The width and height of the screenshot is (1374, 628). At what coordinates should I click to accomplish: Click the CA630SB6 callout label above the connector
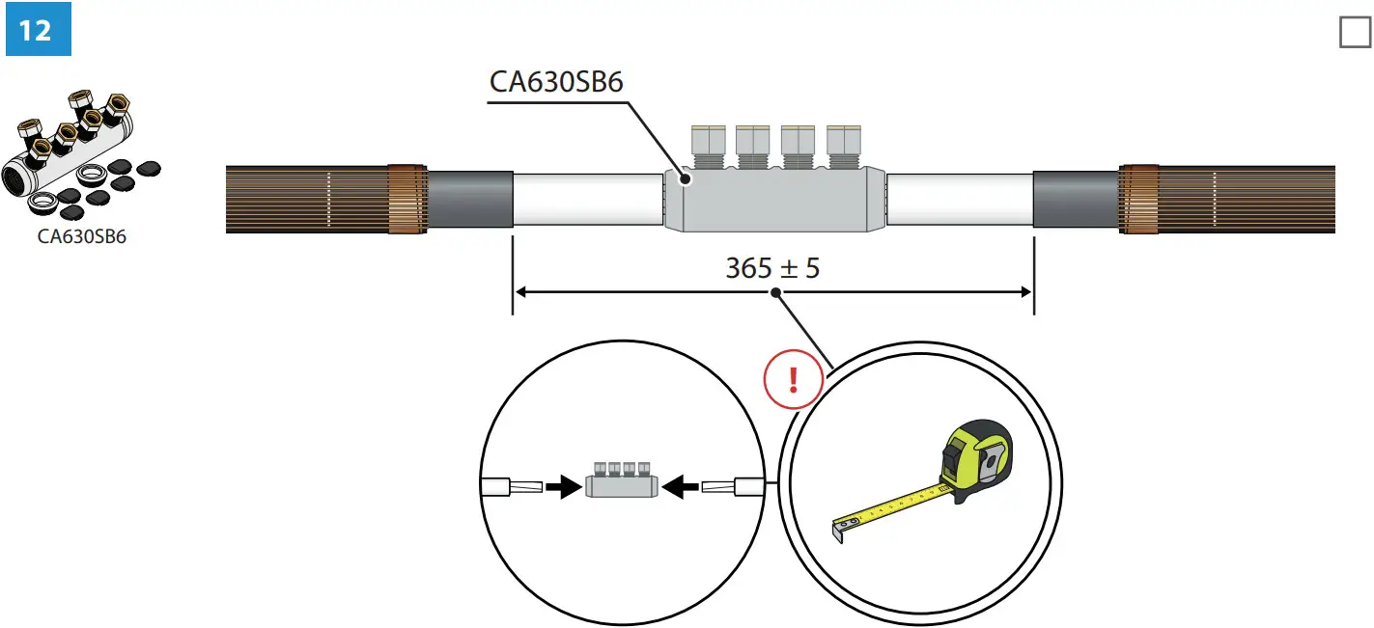[556, 82]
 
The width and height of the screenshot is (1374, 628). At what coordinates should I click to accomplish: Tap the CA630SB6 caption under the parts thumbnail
[81, 236]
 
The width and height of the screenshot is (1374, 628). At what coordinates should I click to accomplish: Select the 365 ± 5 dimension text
[771, 268]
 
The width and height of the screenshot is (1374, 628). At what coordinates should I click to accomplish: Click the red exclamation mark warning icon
[793, 380]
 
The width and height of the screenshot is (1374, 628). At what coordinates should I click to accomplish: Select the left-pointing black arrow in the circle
[684, 487]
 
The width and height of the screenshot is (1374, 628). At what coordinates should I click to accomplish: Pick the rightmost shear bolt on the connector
[843, 145]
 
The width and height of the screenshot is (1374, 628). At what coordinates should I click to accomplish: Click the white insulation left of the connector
[587, 200]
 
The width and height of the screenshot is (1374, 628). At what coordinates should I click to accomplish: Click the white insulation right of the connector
[959, 200]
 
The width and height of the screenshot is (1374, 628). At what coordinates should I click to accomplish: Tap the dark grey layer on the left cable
[469, 200]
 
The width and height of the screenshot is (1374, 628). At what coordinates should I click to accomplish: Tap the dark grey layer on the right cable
[1075, 200]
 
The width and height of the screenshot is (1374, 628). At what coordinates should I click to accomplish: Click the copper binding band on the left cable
[407, 200]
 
